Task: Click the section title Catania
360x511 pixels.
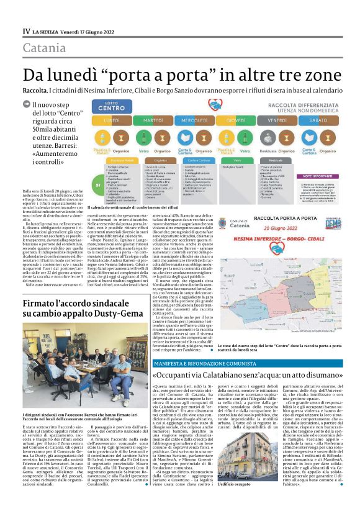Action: pos(44,47)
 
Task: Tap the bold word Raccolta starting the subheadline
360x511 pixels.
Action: pos(35,91)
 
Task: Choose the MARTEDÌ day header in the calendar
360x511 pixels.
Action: pos(136,119)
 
